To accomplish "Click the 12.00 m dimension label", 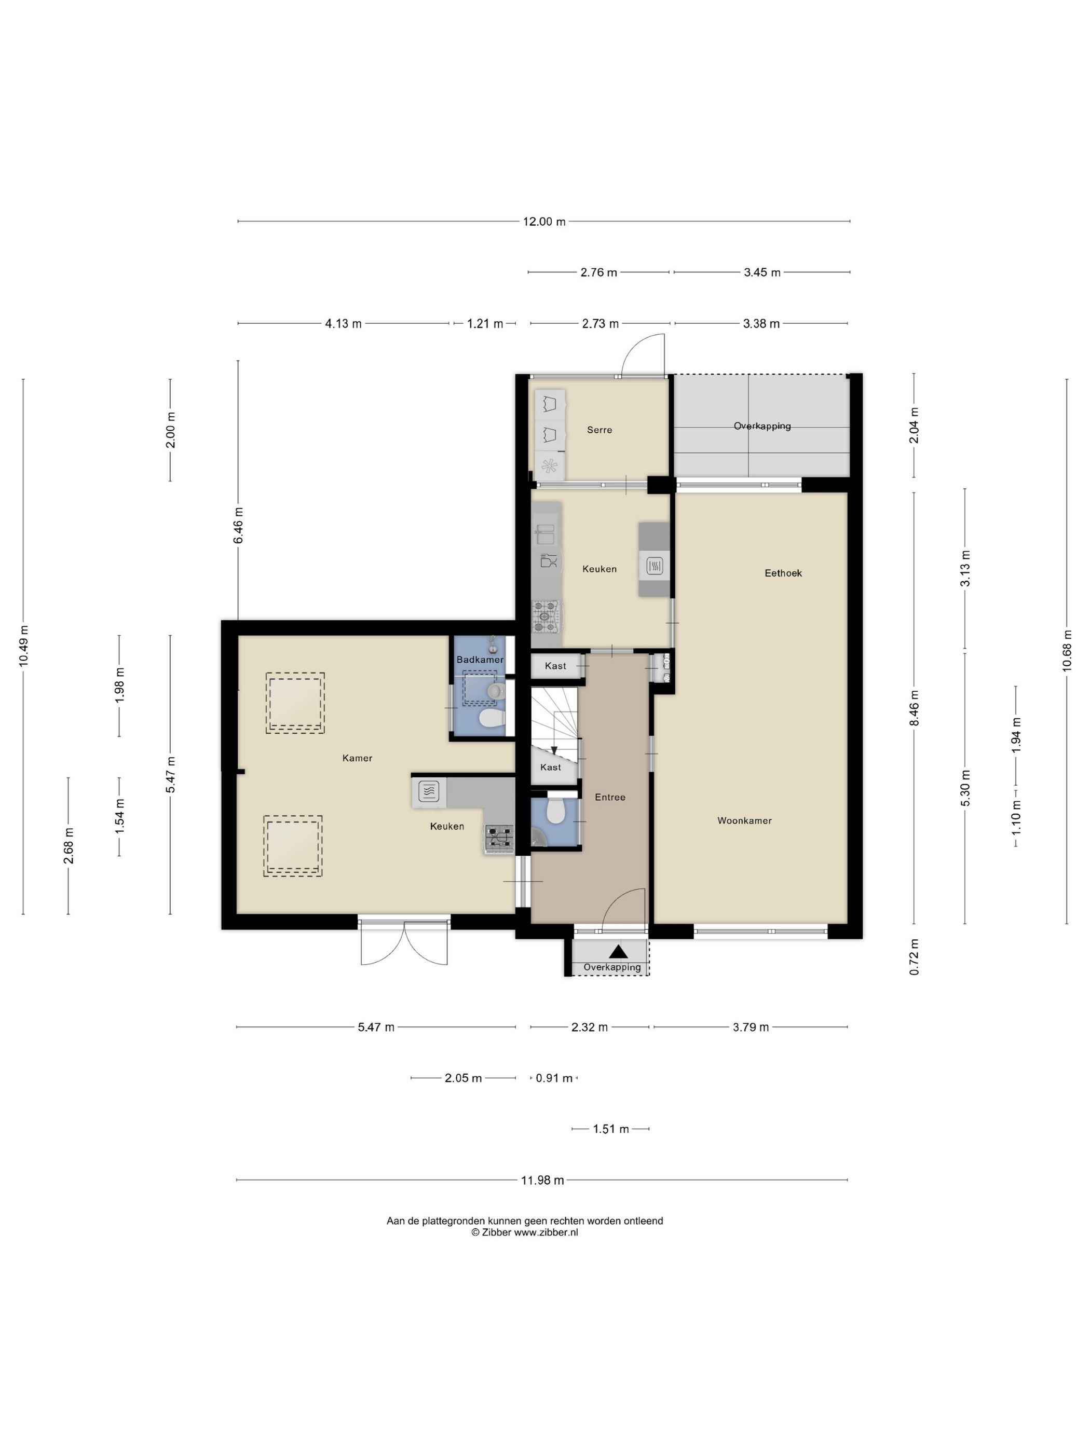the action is pos(544,222).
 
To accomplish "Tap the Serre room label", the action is pos(599,430).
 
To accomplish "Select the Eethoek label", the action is pos(783,573).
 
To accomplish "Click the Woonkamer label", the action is pos(744,820).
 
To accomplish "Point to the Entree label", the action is pos(610,797).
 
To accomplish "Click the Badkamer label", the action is pos(480,660).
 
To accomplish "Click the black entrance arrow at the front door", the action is pos(618,951).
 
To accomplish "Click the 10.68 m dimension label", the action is pos(1067,650).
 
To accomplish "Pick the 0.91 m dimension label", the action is pos(554,1078).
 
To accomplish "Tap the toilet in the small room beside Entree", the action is pos(556,811).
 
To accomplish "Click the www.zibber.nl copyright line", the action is pos(524,1232).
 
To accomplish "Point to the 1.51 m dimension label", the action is pos(611,1129).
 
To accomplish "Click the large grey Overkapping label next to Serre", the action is pos(762,426).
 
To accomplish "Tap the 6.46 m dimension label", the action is pos(238,526).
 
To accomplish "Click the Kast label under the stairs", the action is pos(551,767).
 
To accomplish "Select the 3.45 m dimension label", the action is pos(762,272).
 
